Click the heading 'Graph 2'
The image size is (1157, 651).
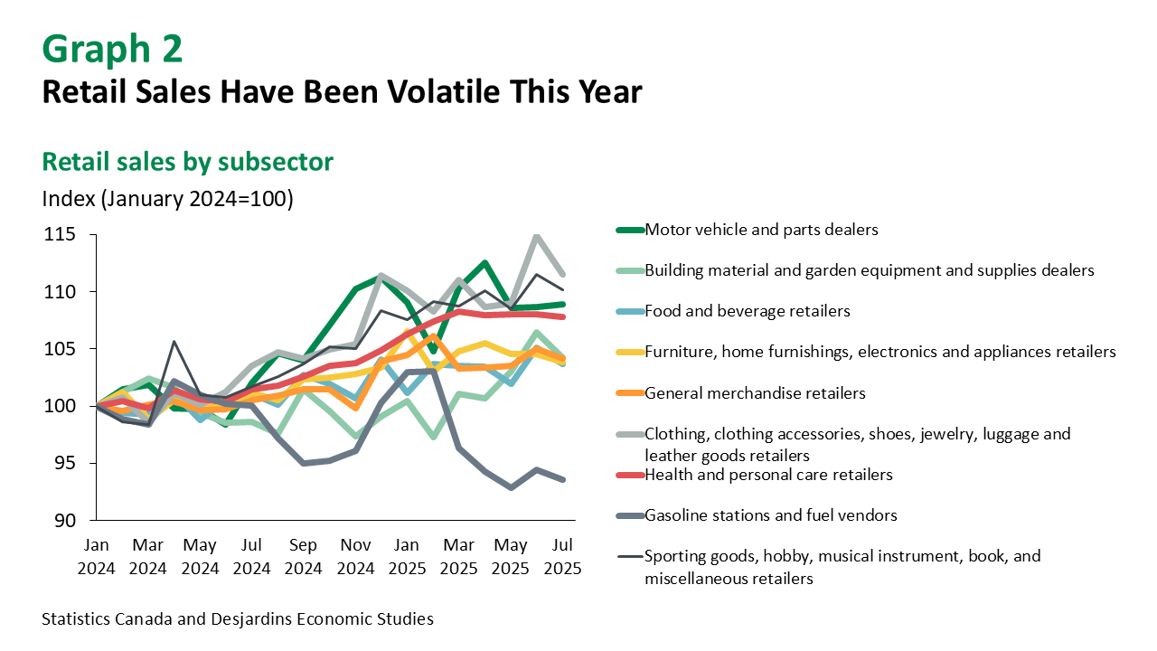coord(112,49)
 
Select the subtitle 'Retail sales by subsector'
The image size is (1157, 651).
coord(188,162)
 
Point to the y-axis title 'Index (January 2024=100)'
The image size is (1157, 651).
coord(168,199)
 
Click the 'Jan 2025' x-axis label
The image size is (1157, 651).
coord(407,558)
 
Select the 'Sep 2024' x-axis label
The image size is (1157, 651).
coord(303,558)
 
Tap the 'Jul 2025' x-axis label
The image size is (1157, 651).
coord(562,558)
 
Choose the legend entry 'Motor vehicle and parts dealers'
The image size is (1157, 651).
coord(761,230)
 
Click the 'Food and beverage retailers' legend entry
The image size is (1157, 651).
coord(748,311)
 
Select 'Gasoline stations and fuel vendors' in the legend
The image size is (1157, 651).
coord(771,515)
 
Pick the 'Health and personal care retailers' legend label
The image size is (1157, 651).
coord(768,475)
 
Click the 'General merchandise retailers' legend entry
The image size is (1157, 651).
coord(755,393)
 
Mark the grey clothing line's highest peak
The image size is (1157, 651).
coord(537,236)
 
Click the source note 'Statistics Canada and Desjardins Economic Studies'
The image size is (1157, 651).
coord(238,619)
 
